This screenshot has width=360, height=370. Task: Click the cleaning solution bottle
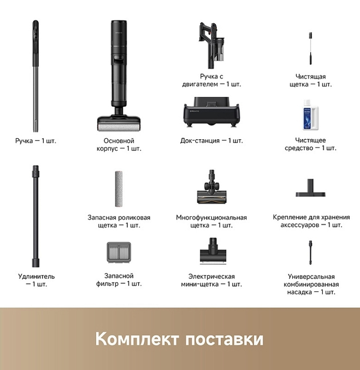pos(311,115)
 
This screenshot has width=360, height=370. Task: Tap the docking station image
pos(212,112)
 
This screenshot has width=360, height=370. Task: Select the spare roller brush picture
pos(119,189)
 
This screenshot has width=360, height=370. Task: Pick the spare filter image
pos(119,253)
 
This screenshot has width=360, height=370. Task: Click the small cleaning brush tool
pos(311,49)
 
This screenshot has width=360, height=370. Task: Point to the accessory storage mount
pos(311,188)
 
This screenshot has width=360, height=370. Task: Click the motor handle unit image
pos(212,45)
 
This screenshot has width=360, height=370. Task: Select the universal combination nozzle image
pos(311,253)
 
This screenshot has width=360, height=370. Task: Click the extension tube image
pos(36,216)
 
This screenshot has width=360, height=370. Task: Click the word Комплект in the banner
pos(137,339)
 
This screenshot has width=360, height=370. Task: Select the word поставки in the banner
pos(224,339)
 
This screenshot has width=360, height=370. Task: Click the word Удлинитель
pos(37,276)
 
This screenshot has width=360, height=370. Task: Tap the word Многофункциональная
pos(212,217)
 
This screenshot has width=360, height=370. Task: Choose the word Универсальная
pos(311,277)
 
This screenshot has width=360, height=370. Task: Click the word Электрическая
pos(212,277)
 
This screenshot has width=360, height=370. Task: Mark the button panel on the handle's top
pos(36,33)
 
